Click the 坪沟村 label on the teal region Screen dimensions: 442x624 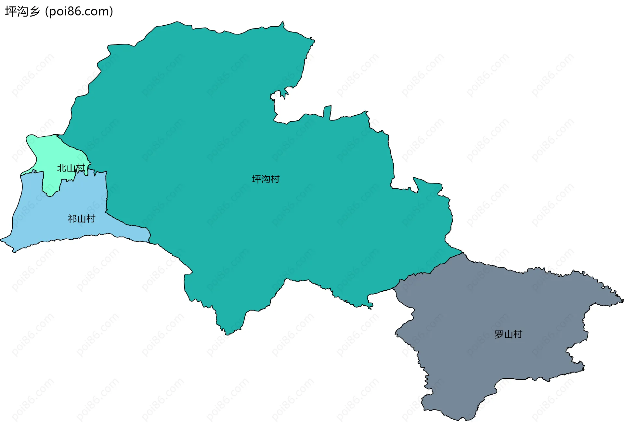tap(266, 179)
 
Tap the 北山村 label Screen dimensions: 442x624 tap(71, 168)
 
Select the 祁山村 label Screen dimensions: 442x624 tap(81, 219)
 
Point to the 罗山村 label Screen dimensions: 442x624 tap(508, 334)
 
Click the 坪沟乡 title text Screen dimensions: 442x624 tap(22, 12)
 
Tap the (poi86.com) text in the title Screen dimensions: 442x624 tap(79, 12)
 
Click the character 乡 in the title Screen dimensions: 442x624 tap(34, 12)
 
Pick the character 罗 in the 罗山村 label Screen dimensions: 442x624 tap(499, 334)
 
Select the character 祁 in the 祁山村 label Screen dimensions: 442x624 tap(72, 219)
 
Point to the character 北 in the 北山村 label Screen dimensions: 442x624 tap(62, 168)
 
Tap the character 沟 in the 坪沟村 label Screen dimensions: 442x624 tap(266, 179)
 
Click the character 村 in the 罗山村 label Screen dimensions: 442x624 tap(517, 334)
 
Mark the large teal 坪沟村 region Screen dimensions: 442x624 tap(227, 130)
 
